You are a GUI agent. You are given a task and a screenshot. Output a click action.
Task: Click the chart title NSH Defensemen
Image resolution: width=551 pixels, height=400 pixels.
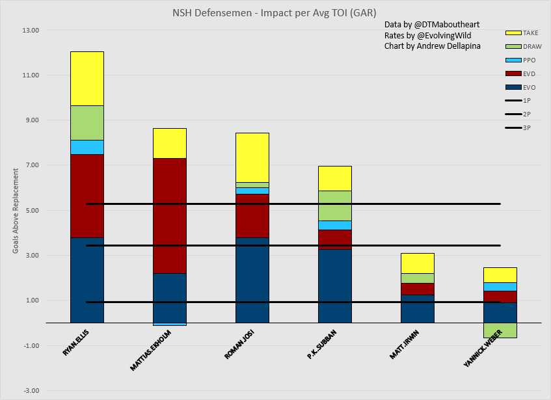tap(275, 12)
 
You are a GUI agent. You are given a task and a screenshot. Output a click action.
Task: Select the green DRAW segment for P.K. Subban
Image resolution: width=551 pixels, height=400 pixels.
tap(334, 206)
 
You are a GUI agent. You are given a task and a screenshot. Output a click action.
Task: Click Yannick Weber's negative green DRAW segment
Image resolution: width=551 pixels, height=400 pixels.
tap(500, 330)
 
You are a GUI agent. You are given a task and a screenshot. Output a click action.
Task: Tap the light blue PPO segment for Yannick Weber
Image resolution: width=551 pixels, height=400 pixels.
tap(500, 286)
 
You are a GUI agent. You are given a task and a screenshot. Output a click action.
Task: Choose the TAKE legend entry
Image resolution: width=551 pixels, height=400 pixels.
tap(520, 33)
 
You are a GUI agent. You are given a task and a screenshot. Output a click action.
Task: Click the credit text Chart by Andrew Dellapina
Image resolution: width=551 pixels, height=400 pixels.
tap(432, 46)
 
